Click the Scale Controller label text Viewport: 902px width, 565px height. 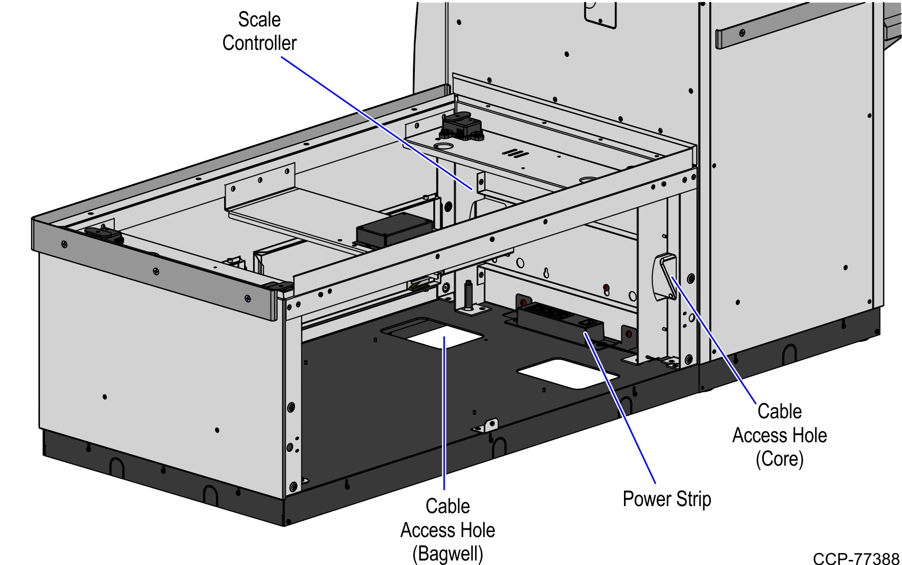point(259,31)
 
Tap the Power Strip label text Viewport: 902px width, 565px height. point(666,499)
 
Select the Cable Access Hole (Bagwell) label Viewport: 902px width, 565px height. point(447,530)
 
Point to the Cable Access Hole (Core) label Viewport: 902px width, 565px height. point(779,435)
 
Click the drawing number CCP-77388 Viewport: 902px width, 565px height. point(856,559)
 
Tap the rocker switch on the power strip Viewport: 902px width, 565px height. point(587,324)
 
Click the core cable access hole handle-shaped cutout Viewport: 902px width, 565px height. point(664,278)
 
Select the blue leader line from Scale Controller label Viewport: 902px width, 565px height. point(377,123)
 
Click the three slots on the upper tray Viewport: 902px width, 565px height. point(515,153)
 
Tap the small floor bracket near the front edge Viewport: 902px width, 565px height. point(487,426)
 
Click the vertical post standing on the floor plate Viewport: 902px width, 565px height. point(469,296)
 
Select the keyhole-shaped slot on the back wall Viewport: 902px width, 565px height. point(547,273)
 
